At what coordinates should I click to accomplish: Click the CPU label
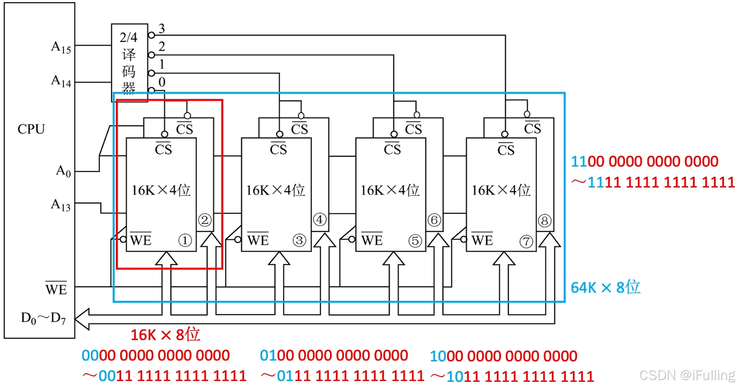point(31,129)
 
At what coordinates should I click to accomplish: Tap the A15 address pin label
point(61,47)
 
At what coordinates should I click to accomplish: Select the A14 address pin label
point(61,81)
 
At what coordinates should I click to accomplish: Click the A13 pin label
point(61,205)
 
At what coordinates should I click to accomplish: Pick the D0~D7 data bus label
point(43,318)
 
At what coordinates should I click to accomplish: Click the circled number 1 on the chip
point(185,241)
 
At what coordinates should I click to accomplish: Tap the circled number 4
point(320,219)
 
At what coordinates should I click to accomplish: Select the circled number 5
point(415,241)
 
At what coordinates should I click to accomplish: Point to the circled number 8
point(544,220)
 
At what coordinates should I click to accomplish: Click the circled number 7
point(526,242)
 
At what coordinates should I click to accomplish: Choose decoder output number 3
point(162,29)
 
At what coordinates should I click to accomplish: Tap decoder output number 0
point(162,82)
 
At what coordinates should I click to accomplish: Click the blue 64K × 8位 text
point(605,287)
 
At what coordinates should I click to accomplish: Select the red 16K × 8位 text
point(165,334)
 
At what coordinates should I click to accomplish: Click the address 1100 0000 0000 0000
point(644,162)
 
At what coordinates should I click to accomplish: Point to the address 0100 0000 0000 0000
point(334,356)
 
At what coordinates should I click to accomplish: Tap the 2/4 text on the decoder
point(128,38)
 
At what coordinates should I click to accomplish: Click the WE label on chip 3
point(258,240)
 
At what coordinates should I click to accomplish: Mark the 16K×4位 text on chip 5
point(390,190)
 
